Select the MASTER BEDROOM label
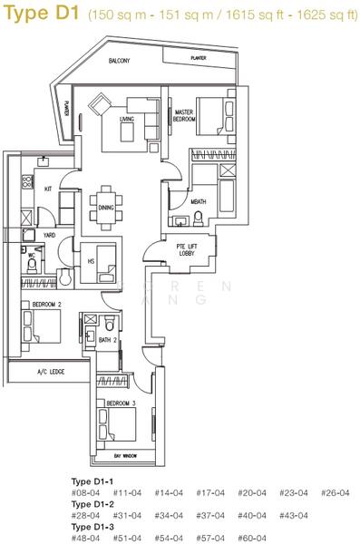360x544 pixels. (x=186, y=114)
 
